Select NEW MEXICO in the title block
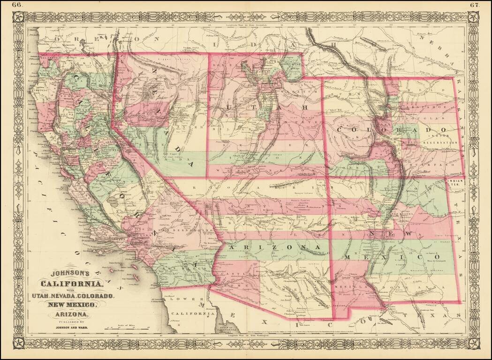click(x=70, y=305)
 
